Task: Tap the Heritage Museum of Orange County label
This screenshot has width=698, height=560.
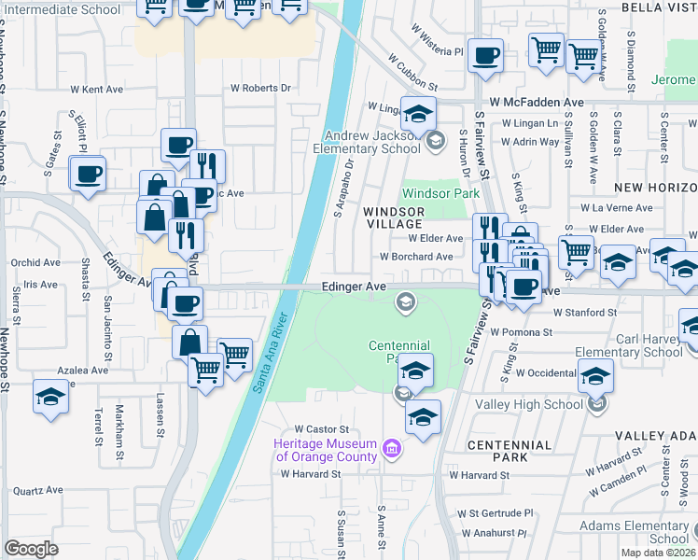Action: tap(326, 450)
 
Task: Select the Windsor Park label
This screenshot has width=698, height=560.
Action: tap(440, 194)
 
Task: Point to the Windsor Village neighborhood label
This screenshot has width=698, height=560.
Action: tap(394, 218)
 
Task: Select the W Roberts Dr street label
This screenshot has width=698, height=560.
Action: tap(261, 88)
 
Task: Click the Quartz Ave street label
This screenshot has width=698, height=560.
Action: tap(37, 490)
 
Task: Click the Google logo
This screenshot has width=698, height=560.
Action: tap(31, 549)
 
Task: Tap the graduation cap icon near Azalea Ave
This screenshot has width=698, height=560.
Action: tap(49, 396)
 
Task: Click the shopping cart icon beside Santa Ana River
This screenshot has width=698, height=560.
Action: tap(234, 355)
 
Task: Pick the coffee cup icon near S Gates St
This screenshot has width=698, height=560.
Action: tap(89, 175)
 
